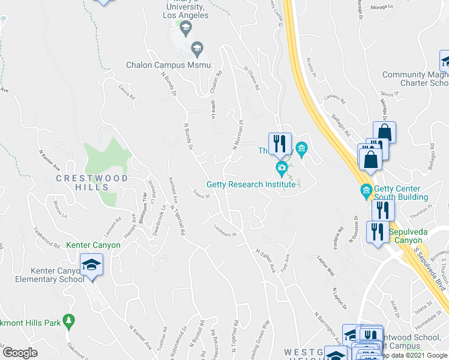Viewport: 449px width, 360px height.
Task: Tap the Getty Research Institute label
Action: point(251,184)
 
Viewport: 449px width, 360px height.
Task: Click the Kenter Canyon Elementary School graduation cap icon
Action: point(91,264)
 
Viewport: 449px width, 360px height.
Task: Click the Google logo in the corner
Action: point(20,353)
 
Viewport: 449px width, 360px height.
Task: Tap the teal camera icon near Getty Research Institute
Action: point(280,167)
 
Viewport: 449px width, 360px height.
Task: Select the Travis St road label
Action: point(200,194)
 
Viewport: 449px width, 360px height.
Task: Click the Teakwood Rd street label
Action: point(47,237)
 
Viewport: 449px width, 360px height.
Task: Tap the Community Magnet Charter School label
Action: point(416,79)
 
